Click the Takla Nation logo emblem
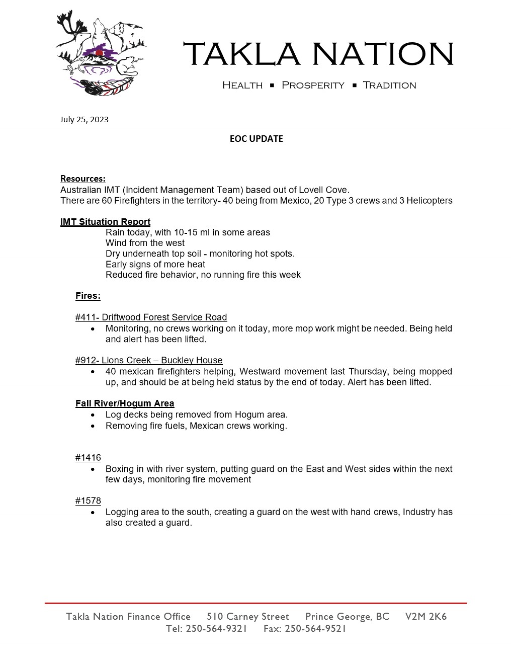pos(101,54)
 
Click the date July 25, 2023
pos(84,120)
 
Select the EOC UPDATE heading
pos(256,139)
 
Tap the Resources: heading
pos(83,179)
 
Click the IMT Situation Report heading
pos(105,222)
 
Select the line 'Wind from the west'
pos(145,243)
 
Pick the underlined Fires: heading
pos(88,296)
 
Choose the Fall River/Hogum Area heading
pos(125,403)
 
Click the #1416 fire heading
pos(88,458)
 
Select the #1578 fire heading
pos(88,501)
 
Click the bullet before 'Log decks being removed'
pos(93,415)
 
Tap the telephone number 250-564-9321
pos(216,629)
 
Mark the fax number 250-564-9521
pos(315,629)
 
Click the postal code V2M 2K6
pos(426,617)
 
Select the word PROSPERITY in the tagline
pos(313,86)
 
